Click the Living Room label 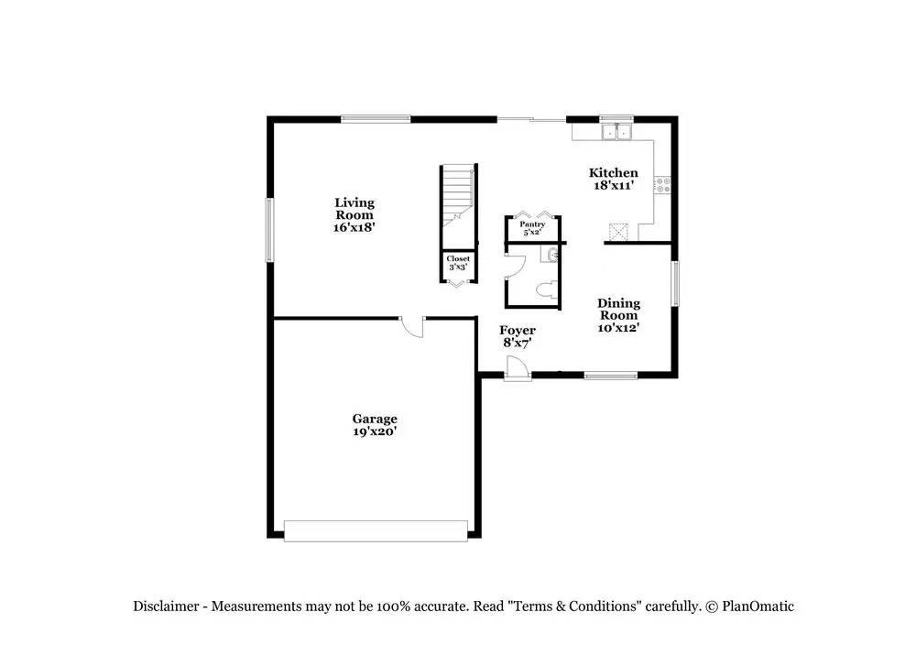tap(354, 209)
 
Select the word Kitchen tap(613, 172)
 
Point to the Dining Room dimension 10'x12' tap(618, 327)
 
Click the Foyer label tap(517, 331)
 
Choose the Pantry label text tap(533, 224)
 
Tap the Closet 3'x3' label tap(458, 264)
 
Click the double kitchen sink tap(616, 132)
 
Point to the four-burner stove tap(663, 186)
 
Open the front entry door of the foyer tap(516, 367)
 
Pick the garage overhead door tap(376, 531)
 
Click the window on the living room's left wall tap(270, 229)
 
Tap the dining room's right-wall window tap(675, 283)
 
